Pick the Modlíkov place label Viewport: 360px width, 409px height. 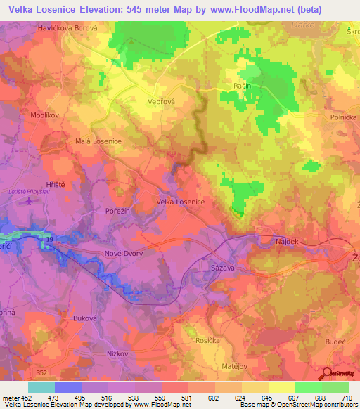[x=44, y=114]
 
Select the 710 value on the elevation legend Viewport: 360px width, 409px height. [x=347, y=398]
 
